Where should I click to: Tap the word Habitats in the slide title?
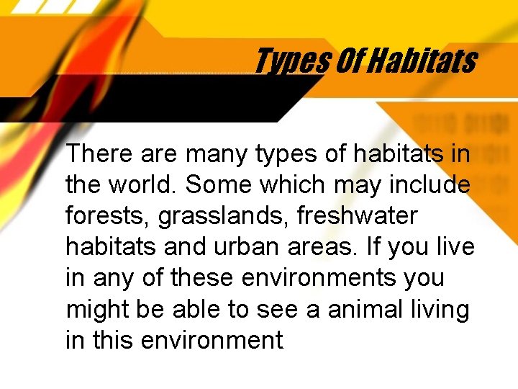tap(424, 61)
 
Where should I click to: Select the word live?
tap(455, 247)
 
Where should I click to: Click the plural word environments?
tap(322, 278)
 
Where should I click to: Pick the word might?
tap(96, 309)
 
